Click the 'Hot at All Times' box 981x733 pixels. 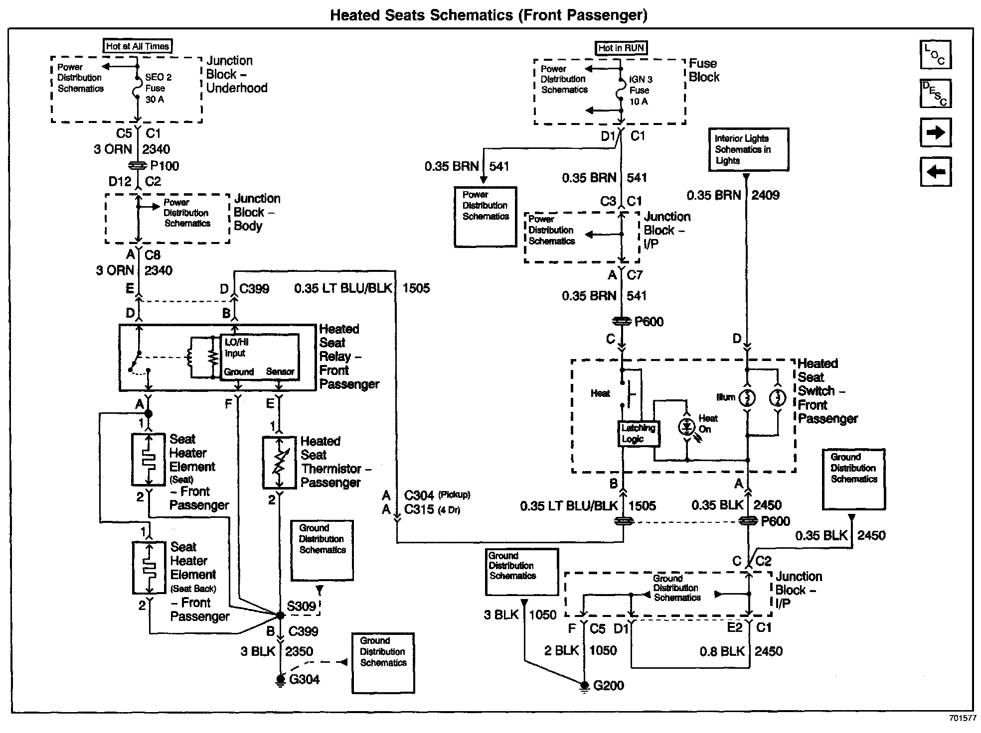[x=138, y=46]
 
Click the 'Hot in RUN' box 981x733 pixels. [x=621, y=48]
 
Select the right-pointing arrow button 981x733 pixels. [x=936, y=132]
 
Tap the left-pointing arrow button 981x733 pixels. [x=936, y=172]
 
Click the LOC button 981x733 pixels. [x=936, y=54]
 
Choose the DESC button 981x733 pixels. [x=936, y=93]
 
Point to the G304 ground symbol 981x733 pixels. [x=281, y=680]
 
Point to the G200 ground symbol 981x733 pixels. [x=584, y=687]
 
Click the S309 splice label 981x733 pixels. [x=302, y=607]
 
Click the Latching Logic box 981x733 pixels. [x=638, y=434]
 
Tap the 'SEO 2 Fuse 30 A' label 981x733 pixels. [x=158, y=88]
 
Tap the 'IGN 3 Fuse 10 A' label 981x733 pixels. [x=640, y=90]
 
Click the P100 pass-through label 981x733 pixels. [x=164, y=166]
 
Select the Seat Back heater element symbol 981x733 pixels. [x=149, y=568]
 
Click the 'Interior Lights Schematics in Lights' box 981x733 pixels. [x=748, y=149]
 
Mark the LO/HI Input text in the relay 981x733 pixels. [x=236, y=348]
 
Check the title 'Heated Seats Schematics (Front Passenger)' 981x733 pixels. [x=489, y=15]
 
